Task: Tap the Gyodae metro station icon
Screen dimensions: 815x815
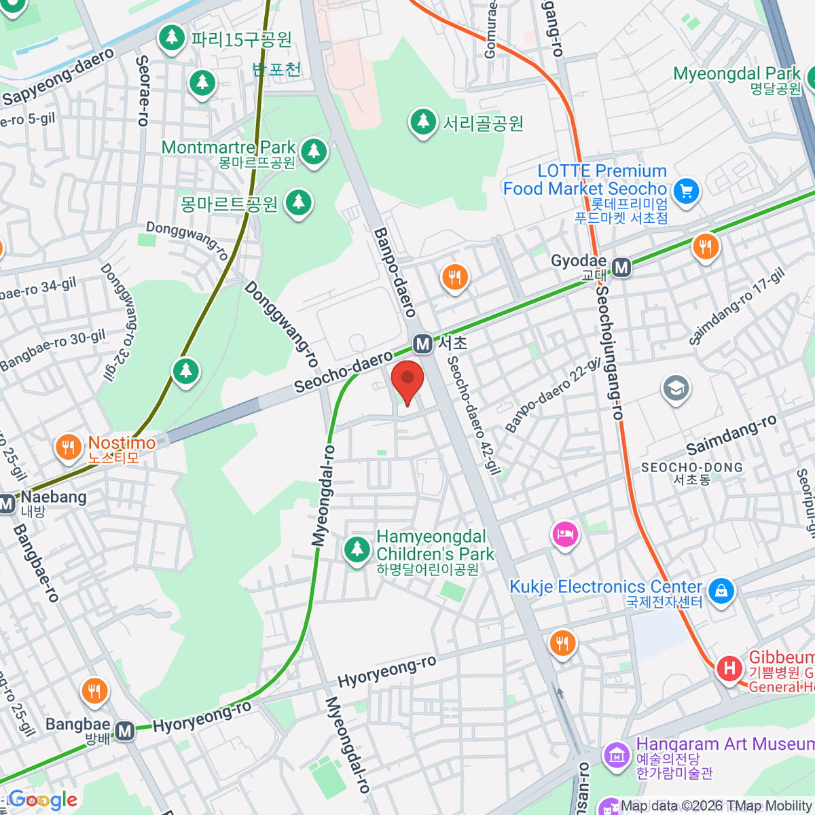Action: (x=621, y=268)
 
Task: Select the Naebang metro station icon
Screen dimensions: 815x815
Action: (x=7, y=504)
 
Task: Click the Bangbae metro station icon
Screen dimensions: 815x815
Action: (x=124, y=731)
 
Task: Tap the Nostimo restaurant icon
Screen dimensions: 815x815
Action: (x=68, y=447)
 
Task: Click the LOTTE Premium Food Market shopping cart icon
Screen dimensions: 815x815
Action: (x=686, y=190)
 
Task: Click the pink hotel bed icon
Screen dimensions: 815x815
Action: (x=565, y=535)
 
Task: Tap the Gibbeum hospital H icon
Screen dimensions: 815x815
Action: (x=729, y=668)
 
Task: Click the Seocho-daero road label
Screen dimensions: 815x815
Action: (x=343, y=372)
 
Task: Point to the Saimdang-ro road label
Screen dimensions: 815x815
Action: (x=731, y=435)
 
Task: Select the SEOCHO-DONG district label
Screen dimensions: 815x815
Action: (x=691, y=468)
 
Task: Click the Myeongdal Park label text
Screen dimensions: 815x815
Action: (x=736, y=73)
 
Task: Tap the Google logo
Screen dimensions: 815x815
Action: (x=42, y=800)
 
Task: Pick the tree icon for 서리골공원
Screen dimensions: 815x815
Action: (x=423, y=122)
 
